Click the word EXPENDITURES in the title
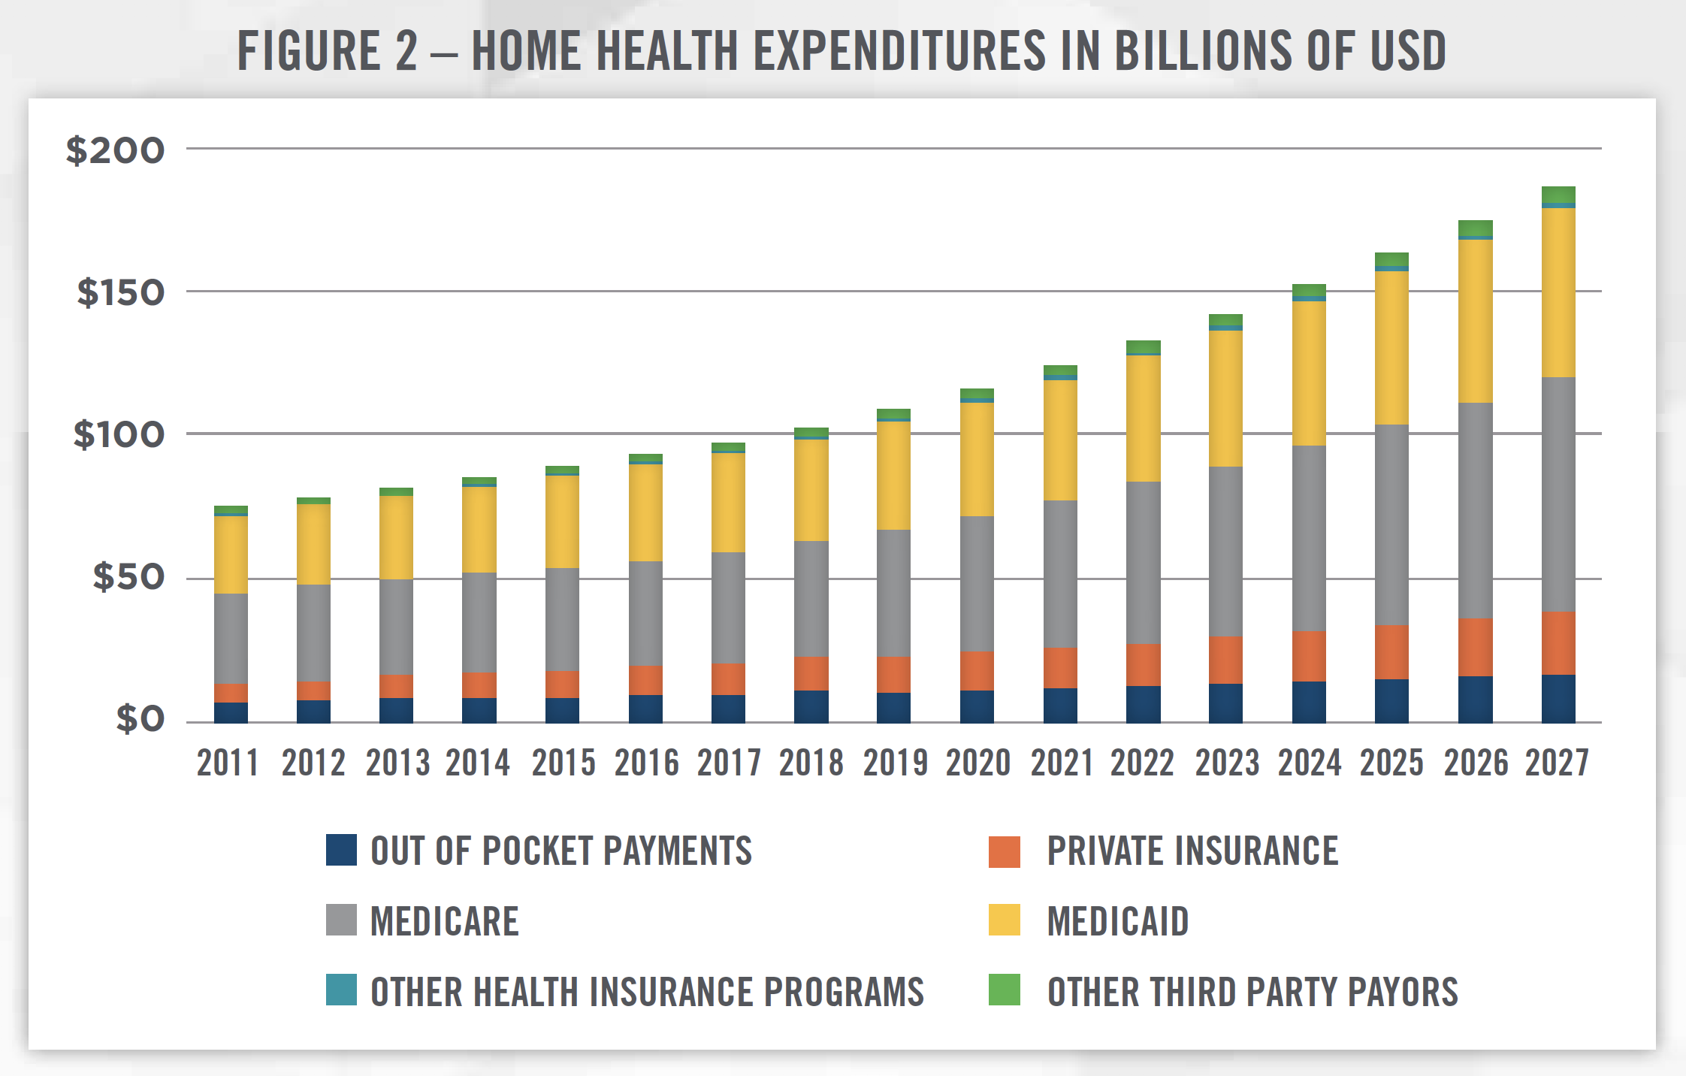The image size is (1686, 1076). point(899,51)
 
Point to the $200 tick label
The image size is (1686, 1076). point(115,150)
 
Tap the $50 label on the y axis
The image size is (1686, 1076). point(128,577)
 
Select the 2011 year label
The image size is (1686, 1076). point(228,763)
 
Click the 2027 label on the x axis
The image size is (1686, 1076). point(1557,763)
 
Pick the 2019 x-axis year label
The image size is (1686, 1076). point(895,763)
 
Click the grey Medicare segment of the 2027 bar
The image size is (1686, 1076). point(1558,494)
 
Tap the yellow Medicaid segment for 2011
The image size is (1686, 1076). point(231,555)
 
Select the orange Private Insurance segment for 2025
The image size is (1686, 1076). point(1391,651)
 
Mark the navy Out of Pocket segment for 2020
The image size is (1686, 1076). point(977,706)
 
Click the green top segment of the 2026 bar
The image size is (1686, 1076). point(1475,228)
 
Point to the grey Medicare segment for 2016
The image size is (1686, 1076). point(645,613)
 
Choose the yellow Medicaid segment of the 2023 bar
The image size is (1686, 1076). point(1225,398)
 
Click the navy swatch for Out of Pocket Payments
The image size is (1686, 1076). point(341,851)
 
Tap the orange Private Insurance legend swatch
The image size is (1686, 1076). point(1005,851)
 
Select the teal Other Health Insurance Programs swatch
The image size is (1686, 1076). point(341,990)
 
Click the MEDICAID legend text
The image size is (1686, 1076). point(1118,921)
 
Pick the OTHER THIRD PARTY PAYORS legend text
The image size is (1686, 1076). point(1252,992)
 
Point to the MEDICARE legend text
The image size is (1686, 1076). point(445,921)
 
